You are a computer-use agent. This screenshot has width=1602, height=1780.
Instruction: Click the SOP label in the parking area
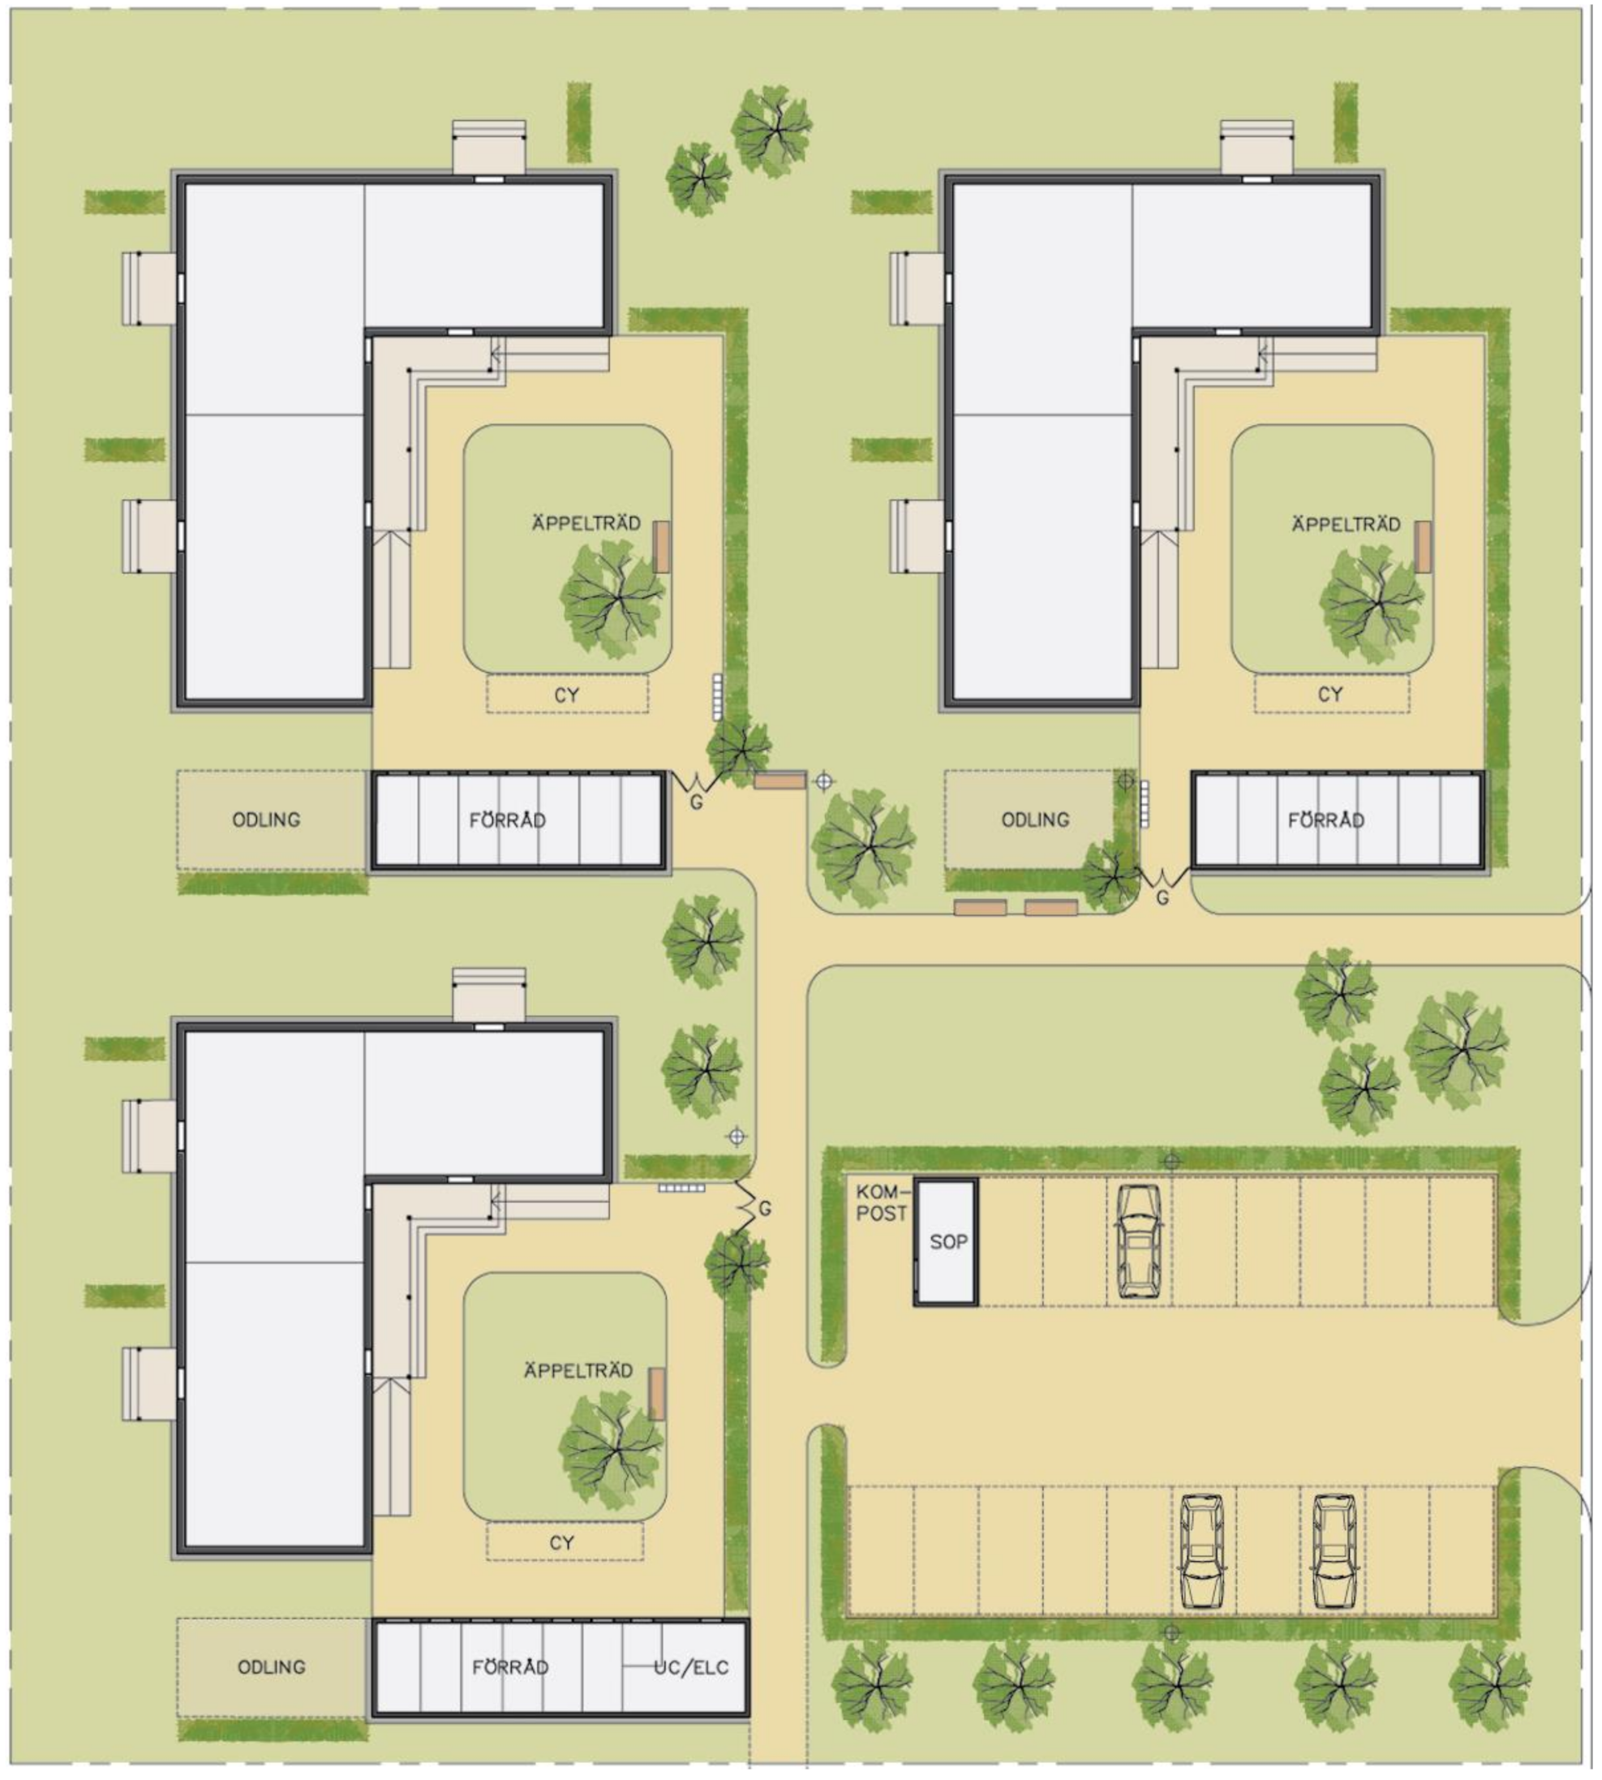click(948, 1242)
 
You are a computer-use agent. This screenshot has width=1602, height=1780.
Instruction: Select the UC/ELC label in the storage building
click(691, 1668)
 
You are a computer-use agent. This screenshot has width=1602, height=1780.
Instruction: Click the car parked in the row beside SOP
click(1138, 1242)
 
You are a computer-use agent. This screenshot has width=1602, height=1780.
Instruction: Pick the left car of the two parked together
click(1201, 1551)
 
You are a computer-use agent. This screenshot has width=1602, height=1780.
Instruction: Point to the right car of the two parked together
click(1334, 1551)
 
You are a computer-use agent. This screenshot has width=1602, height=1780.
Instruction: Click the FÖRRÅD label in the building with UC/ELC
click(510, 1668)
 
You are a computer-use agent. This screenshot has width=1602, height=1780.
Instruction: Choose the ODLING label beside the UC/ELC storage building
click(271, 1667)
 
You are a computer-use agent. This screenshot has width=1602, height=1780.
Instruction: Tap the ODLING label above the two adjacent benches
click(1035, 819)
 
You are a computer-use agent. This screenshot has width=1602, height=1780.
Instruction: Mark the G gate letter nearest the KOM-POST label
click(764, 1210)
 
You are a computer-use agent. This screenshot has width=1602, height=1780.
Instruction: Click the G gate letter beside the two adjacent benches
click(1162, 899)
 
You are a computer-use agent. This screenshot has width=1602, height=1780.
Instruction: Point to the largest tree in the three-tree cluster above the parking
click(1457, 1048)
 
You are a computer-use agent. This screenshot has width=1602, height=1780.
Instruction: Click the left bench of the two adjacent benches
click(980, 908)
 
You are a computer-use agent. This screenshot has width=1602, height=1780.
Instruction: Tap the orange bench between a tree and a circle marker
click(780, 780)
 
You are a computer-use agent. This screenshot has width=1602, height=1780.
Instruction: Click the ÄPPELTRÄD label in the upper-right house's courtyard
click(1346, 525)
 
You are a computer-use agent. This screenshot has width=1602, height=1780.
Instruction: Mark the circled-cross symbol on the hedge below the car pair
click(1170, 1633)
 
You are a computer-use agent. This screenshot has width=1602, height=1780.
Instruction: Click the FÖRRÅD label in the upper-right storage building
click(1325, 820)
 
